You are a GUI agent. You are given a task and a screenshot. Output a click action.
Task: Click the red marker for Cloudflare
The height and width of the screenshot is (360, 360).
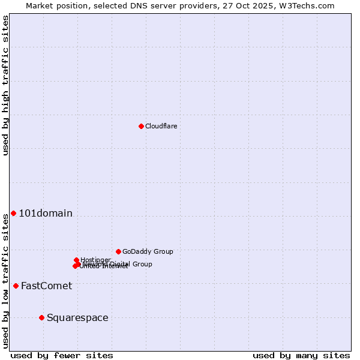pos(141,126)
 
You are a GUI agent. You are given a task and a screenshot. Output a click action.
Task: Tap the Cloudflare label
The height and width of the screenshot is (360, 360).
pos(161,126)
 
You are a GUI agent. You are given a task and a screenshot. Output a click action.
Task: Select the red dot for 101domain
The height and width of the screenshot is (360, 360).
pos(13,213)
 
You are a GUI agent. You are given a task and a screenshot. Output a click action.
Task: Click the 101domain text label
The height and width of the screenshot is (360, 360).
pos(46,213)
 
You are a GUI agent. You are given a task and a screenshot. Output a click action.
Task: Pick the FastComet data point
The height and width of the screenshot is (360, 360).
pos(16,286)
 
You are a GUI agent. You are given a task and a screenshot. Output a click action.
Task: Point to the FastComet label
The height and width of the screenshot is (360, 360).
pos(46,286)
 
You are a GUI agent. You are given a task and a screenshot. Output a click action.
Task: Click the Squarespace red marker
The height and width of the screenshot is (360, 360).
pos(41,317)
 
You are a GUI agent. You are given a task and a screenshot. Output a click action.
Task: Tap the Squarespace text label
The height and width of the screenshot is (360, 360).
pos(77,317)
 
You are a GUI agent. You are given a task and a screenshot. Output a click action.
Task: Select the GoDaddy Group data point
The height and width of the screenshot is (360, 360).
pos(118,251)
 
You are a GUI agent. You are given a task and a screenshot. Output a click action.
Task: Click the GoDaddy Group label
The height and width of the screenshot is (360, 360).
pos(148,251)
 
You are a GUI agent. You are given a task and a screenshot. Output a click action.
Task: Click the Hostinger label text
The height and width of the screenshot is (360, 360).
pos(95,260)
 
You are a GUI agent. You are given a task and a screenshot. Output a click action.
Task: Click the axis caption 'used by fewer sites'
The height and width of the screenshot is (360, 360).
pos(62,355)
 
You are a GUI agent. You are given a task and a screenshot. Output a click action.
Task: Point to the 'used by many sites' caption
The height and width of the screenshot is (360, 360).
pos(301,355)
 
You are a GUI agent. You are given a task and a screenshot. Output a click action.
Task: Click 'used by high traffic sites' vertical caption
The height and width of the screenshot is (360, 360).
pos(5,85)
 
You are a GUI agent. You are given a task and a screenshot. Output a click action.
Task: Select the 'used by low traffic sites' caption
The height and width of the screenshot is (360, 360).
pos(5,279)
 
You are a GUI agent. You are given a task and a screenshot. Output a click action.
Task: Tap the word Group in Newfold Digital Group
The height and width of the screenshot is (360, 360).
pos(142,264)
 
